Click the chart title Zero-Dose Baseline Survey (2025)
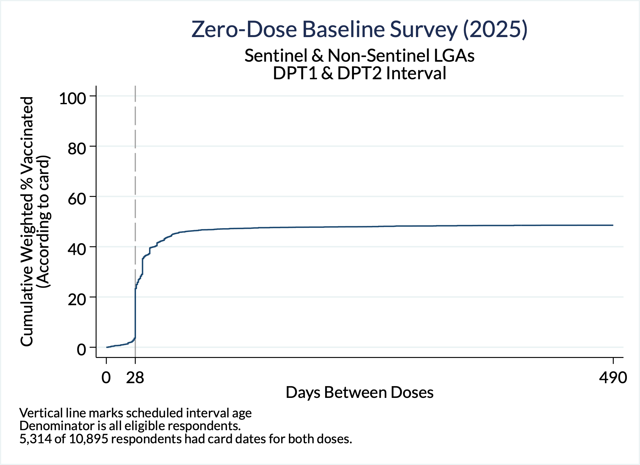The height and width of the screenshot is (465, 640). (359, 29)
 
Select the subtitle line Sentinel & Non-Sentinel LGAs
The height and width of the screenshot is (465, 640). (359, 55)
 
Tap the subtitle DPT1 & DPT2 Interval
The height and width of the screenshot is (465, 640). (359, 73)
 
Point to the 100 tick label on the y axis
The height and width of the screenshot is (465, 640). (73, 98)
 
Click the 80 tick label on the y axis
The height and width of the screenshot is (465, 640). (77, 148)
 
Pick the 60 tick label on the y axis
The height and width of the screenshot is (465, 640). (77, 198)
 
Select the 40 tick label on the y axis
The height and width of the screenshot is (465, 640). (77, 249)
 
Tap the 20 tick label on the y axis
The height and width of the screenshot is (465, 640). (77, 299)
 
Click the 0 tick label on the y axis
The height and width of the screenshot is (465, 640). (82, 349)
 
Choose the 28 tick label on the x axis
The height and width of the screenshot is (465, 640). (135, 378)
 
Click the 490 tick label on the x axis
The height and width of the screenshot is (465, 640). (613, 378)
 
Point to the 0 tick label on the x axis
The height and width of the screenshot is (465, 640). (106, 378)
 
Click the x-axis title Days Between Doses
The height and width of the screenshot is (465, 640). (359, 392)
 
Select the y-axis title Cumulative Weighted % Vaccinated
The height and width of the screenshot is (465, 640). (27, 221)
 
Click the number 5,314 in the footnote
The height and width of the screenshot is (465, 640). (35, 439)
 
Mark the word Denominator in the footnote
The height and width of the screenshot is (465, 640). (54, 426)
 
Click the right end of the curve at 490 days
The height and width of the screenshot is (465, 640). (613, 225)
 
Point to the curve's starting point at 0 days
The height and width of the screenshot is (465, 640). (107, 347)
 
